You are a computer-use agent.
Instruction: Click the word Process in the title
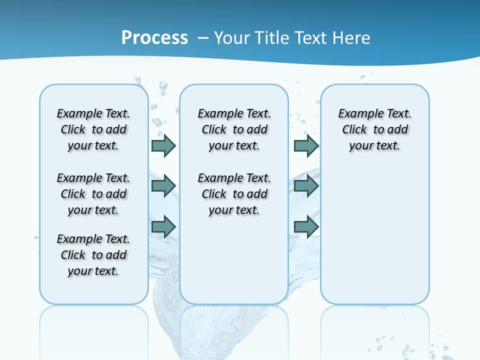pyautogui.click(x=154, y=37)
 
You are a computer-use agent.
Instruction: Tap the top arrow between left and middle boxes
pyautogui.click(x=163, y=145)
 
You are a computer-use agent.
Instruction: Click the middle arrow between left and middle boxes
pyautogui.click(x=163, y=186)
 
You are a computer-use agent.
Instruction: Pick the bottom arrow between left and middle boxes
pyautogui.click(x=163, y=226)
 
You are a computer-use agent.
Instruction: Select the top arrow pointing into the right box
pyautogui.click(x=306, y=145)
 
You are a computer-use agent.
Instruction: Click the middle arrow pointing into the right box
pyautogui.click(x=306, y=186)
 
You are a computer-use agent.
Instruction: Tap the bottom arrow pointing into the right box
pyautogui.click(x=306, y=226)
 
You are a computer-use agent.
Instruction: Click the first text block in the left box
pyautogui.click(x=93, y=129)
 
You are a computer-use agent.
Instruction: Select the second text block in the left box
pyautogui.click(x=93, y=194)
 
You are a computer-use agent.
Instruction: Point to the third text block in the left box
pyautogui.click(x=93, y=255)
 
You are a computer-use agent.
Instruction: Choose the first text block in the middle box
pyautogui.click(x=234, y=129)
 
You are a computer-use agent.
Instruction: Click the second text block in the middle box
pyautogui.click(x=234, y=194)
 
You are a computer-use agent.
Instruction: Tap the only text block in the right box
pyautogui.click(x=374, y=129)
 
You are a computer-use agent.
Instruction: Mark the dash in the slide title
pyautogui.click(x=203, y=38)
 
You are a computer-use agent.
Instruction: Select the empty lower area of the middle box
pyautogui.click(x=234, y=260)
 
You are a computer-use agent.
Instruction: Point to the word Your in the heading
pyautogui.click(x=232, y=37)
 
